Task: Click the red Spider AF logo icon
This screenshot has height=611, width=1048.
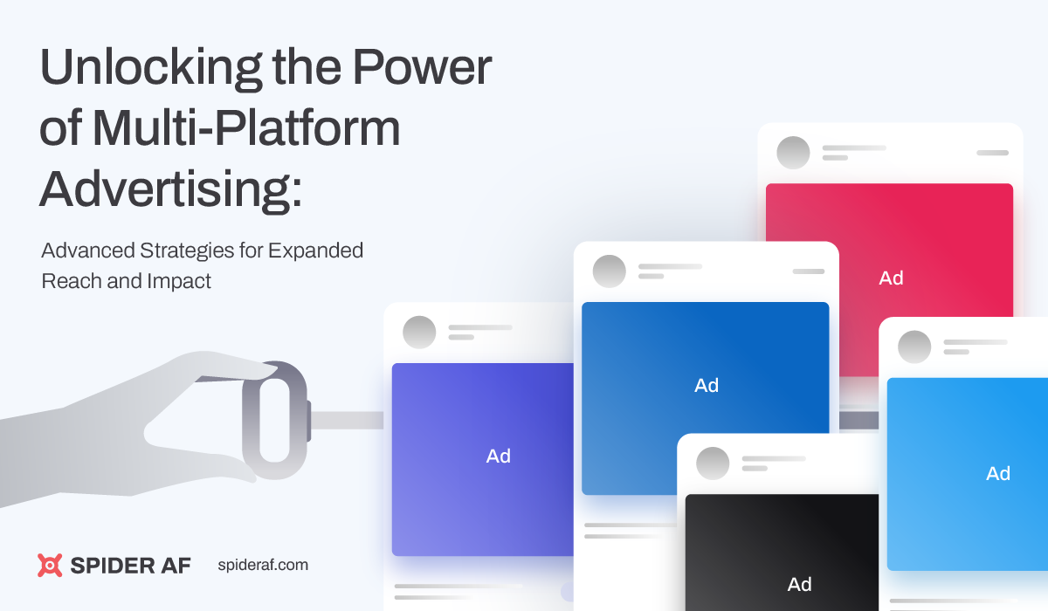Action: click(51, 565)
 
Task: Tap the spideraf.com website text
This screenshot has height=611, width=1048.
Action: click(262, 565)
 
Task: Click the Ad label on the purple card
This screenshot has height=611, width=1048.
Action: click(499, 457)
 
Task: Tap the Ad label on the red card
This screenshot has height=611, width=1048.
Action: click(891, 278)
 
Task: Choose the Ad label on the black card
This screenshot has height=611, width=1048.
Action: click(800, 585)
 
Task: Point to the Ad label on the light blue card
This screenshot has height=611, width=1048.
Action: click(998, 474)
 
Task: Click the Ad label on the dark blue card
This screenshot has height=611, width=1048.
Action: click(707, 385)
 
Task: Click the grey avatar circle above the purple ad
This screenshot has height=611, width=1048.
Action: click(419, 333)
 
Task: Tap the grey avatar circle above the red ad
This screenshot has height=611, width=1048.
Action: click(794, 153)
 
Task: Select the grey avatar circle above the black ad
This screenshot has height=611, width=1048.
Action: click(713, 463)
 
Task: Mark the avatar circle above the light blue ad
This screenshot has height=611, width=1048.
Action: click(914, 347)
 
